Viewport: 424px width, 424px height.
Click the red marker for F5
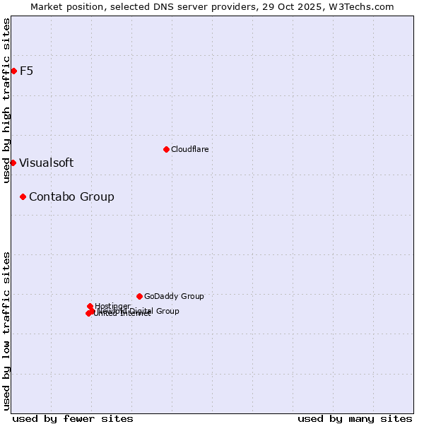coord(13,71)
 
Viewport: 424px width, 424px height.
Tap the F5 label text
coord(26,71)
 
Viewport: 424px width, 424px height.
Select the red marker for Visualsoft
coord(13,163)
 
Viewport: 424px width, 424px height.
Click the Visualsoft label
coord(46,163)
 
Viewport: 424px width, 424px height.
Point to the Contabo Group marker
coord(23,196)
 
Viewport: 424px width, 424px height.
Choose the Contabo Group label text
coord(71,196)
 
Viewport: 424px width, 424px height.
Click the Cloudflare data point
coord(166,149)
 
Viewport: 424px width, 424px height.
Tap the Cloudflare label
coord(189,149)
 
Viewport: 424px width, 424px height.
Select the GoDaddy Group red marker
coord(139,296)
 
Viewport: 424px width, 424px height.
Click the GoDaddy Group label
coord(174,296)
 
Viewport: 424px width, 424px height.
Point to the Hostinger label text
coord(112,306)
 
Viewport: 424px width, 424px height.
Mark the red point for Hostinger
coord(90,306)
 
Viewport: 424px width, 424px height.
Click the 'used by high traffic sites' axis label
coord(6,100)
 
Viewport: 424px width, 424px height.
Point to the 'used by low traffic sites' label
coord(6,331)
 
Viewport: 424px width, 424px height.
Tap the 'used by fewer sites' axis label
coord(73,418)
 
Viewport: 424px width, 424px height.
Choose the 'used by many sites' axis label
coord(355,418)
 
